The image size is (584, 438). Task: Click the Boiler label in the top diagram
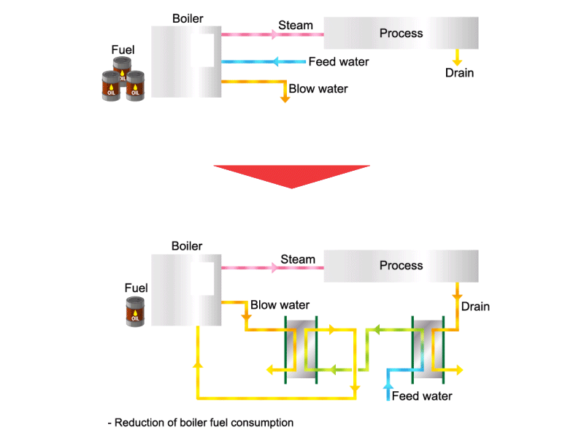point(188,18)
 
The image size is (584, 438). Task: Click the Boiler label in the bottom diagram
point(187,246)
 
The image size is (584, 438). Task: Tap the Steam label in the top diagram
point(296,26)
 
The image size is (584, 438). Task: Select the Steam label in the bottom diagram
point(298,259)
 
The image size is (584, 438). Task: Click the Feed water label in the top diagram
point(339,62)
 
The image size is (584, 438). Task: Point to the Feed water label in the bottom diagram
point(422,396)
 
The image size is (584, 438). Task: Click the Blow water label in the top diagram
point(318,89)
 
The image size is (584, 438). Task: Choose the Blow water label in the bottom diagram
point(280,305)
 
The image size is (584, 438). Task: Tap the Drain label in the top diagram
point(459,73)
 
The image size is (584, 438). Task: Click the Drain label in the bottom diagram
point(475,307)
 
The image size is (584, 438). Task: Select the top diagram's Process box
point(401,33)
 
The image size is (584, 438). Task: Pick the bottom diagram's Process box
point(401,266)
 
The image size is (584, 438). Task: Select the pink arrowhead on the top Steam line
point(274,34)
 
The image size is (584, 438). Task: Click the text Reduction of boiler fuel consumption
point(200,423)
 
